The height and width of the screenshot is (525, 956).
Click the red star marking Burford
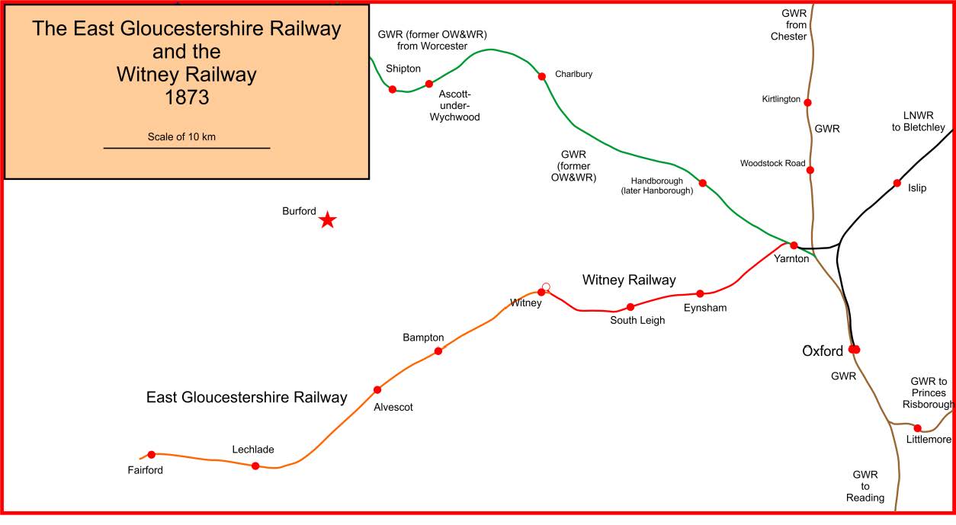[328, 220]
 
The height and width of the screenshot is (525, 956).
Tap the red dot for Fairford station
[151, 454]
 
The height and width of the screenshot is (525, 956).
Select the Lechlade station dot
[255, 466]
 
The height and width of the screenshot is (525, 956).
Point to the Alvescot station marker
[377, 389]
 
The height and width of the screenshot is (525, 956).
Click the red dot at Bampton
[438, 351]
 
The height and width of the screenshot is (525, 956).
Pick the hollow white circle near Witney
[546, 287]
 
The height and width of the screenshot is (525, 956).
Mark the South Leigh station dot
[630, 307]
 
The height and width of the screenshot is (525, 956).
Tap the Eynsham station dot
[700, 293]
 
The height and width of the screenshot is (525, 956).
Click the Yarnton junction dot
[794, 245]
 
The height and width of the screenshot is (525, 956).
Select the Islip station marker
[897, 183]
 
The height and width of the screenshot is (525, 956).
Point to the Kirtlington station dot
[807, 102]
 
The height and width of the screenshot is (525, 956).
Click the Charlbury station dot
[542, 76]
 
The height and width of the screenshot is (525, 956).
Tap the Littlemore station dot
[918, 428]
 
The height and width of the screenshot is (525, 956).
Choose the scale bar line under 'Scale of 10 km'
[187, 148]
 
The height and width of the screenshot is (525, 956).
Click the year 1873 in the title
[187, 98]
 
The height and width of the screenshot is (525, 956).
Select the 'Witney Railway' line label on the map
[629, 280]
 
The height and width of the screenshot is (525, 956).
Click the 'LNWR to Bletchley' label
[918, 121]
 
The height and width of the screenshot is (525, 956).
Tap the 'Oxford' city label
[823, 351]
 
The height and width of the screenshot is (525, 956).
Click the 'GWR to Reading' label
[865, 486]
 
